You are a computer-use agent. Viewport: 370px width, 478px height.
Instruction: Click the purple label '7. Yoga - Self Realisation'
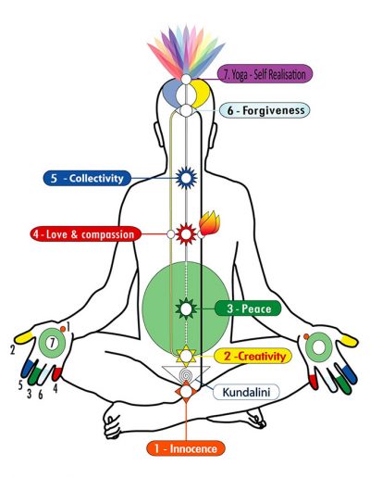[265, 74]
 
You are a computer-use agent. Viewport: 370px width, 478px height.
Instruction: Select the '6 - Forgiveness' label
[265, 110]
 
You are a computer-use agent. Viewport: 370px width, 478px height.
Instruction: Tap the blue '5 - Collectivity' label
[87, 178]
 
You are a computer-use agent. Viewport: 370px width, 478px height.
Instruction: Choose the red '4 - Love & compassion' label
[86, 234]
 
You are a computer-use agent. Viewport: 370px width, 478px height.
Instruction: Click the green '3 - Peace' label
[248, 308]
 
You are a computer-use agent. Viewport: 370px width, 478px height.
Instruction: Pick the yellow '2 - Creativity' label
[253, 356]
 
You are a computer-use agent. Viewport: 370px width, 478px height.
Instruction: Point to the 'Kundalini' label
[246, 392]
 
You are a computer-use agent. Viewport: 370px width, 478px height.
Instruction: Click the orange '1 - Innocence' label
[186, 448]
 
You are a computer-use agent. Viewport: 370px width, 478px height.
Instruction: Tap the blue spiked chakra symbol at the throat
[186, 178]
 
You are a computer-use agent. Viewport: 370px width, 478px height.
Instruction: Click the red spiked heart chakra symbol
[186, 234]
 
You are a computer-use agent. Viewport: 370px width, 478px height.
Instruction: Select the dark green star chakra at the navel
[186, 308]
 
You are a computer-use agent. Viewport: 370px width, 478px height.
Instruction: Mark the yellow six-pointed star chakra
[186, 355]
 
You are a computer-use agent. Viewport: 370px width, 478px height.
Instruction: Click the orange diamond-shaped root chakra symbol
[186, 392]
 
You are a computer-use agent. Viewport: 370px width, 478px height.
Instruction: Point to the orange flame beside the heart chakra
[210, 223]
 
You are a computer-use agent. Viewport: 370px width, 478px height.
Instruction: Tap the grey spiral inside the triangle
[186, 375]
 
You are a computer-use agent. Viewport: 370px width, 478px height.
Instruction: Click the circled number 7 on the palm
[53, 343]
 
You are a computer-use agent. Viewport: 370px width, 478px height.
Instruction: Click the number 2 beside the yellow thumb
[12, 350]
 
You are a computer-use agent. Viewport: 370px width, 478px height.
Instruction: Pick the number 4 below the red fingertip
[55, 388]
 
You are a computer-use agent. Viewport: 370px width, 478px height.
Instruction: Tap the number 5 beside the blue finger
[20, 385]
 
